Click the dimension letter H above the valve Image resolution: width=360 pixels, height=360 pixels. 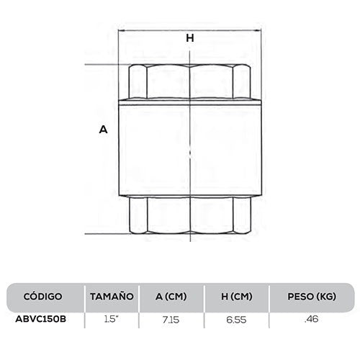coord(190,40)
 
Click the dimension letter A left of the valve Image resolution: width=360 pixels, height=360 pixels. coord(103,130)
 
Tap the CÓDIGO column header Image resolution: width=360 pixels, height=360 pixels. coord(43,296)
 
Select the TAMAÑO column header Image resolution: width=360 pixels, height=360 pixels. coord(112,296)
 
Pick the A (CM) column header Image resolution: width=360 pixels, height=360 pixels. coord(171,296)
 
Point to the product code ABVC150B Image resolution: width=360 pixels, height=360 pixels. coord(43,318)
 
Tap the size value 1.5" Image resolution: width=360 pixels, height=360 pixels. coord(112,318)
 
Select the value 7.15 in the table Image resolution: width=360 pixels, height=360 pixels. coord(171,318)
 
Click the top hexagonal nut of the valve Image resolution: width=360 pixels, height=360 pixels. coord(190,81)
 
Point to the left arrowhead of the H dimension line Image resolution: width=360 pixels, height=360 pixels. coord(122,30)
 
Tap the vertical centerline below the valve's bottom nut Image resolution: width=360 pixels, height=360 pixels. coord(190,248)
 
